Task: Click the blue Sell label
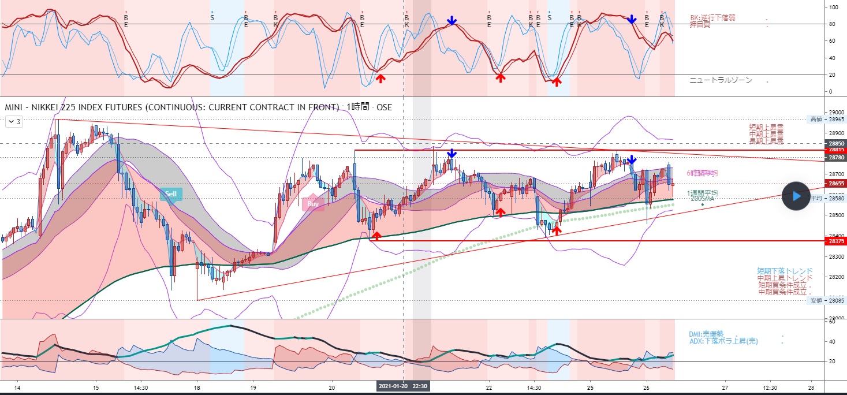[171, 194]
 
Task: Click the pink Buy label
[313, 203]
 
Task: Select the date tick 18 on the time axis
[197, 387]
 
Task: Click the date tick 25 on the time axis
[590, 387]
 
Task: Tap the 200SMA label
[703, 199]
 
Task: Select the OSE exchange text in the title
[385, 107]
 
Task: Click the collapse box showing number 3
[14, 121]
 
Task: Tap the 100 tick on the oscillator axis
[833, 7]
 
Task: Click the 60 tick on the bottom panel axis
[832, 322]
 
